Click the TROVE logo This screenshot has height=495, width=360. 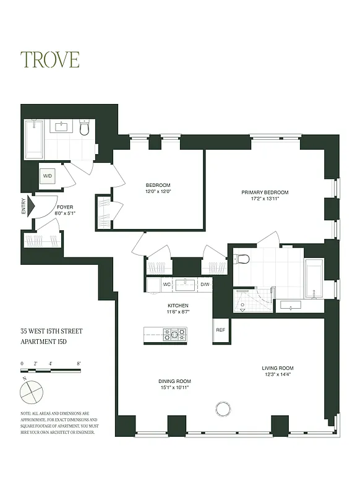point(50,59)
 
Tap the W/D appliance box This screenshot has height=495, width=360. point(48,176)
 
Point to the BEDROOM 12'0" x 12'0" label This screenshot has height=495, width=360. point(158,188)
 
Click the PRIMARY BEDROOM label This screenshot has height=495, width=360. point(265,196)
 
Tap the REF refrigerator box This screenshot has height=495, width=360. point(220,330)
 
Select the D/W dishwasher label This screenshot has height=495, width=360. point(205,285)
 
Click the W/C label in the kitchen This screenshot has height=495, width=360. point(166,285)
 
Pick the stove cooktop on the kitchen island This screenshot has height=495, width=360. point(174,334)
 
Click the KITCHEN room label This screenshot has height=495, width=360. point(178,309)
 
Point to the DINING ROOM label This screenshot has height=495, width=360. point(174,384)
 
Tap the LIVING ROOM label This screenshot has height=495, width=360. point(277,371)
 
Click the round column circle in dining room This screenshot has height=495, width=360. point(221,408)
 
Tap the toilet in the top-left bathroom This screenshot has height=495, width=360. point(85,128)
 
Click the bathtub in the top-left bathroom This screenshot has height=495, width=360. point(33,139)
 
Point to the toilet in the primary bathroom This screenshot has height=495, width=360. point(242,259)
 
